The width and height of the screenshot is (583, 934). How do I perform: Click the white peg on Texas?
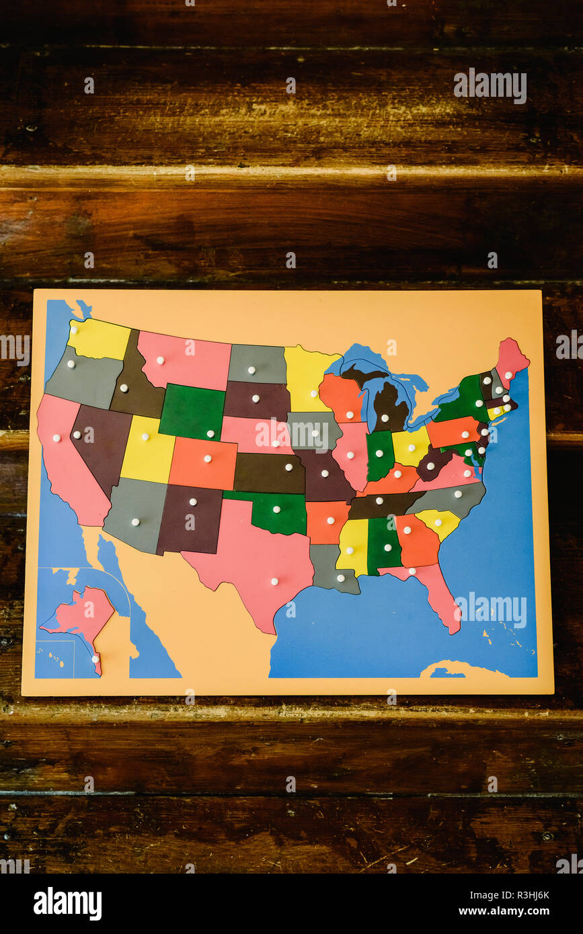[274, 581]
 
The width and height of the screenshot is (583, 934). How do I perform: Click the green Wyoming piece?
[192, 412]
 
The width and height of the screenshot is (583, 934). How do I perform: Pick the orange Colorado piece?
[203, 464]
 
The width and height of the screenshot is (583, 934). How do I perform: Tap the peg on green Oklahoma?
[276, 509]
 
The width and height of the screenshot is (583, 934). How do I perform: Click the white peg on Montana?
[160, 361]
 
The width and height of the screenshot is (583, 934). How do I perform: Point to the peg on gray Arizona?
[135, 521]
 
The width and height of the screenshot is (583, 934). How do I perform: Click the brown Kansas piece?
[269, 473]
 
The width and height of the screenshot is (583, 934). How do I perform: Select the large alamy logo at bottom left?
[67, 904]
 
